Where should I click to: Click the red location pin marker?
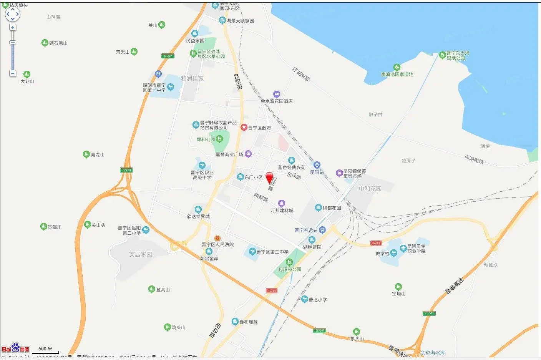click(269, 177)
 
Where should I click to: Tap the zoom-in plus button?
click(13, 28)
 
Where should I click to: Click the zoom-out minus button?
click(13, 73)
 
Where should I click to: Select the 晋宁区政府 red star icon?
click(244, 127)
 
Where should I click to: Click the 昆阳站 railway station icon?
click(317, 166)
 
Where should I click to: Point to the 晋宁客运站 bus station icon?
click(322, 230)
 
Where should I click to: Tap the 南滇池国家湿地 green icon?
click(397, 68)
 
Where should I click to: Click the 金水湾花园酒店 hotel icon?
click(277, 95)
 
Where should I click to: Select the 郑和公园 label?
click(206, 139)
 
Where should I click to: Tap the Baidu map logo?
click(15, 348)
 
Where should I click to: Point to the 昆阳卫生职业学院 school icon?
click(403, 248)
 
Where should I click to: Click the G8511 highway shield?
click(429, 313)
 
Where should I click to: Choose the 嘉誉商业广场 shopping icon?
click(248, 154)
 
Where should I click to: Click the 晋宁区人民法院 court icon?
click(217, 238)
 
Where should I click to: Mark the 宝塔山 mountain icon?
click(398, 287)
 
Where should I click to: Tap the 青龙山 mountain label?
click(98, 155)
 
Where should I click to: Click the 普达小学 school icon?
click(304, 299)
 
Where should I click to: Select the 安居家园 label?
click(141, 254)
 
